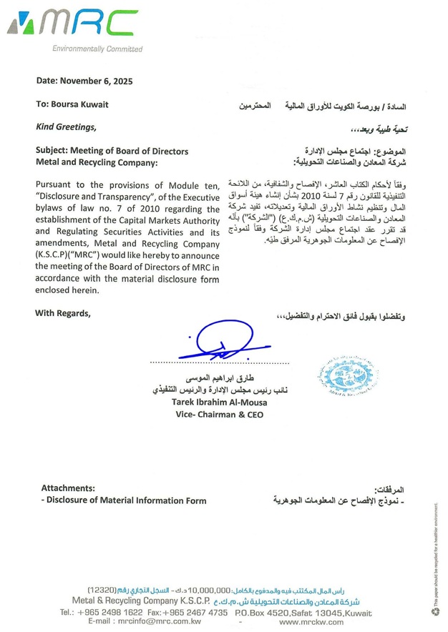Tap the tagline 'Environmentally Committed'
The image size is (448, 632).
click(x=97, y=49)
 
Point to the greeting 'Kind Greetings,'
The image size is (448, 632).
click(x=65, y=127)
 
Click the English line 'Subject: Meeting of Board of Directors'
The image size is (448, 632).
click(x=112, y=151)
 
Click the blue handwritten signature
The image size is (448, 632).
click(x=221, y=342)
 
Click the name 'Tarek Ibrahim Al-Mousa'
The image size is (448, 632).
click(x=218, y=403)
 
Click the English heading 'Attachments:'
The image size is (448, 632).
click(x=68, y=488)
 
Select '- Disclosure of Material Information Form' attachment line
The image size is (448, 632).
click(x=124, y=500)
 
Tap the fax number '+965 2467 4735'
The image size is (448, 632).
click(x=195, y=613)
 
